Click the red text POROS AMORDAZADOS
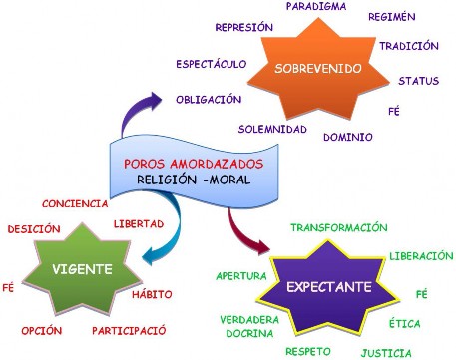tap(187, 163)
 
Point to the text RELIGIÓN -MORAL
tap(188, 180)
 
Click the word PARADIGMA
tap(316, 7)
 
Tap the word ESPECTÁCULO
tap(211, 64)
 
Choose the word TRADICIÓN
tap(409, 46)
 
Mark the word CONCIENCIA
tap(75, 203)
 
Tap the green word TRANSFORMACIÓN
tap(338, 227)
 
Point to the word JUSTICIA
tap(387, 352)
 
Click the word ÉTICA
tap(404, 323)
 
